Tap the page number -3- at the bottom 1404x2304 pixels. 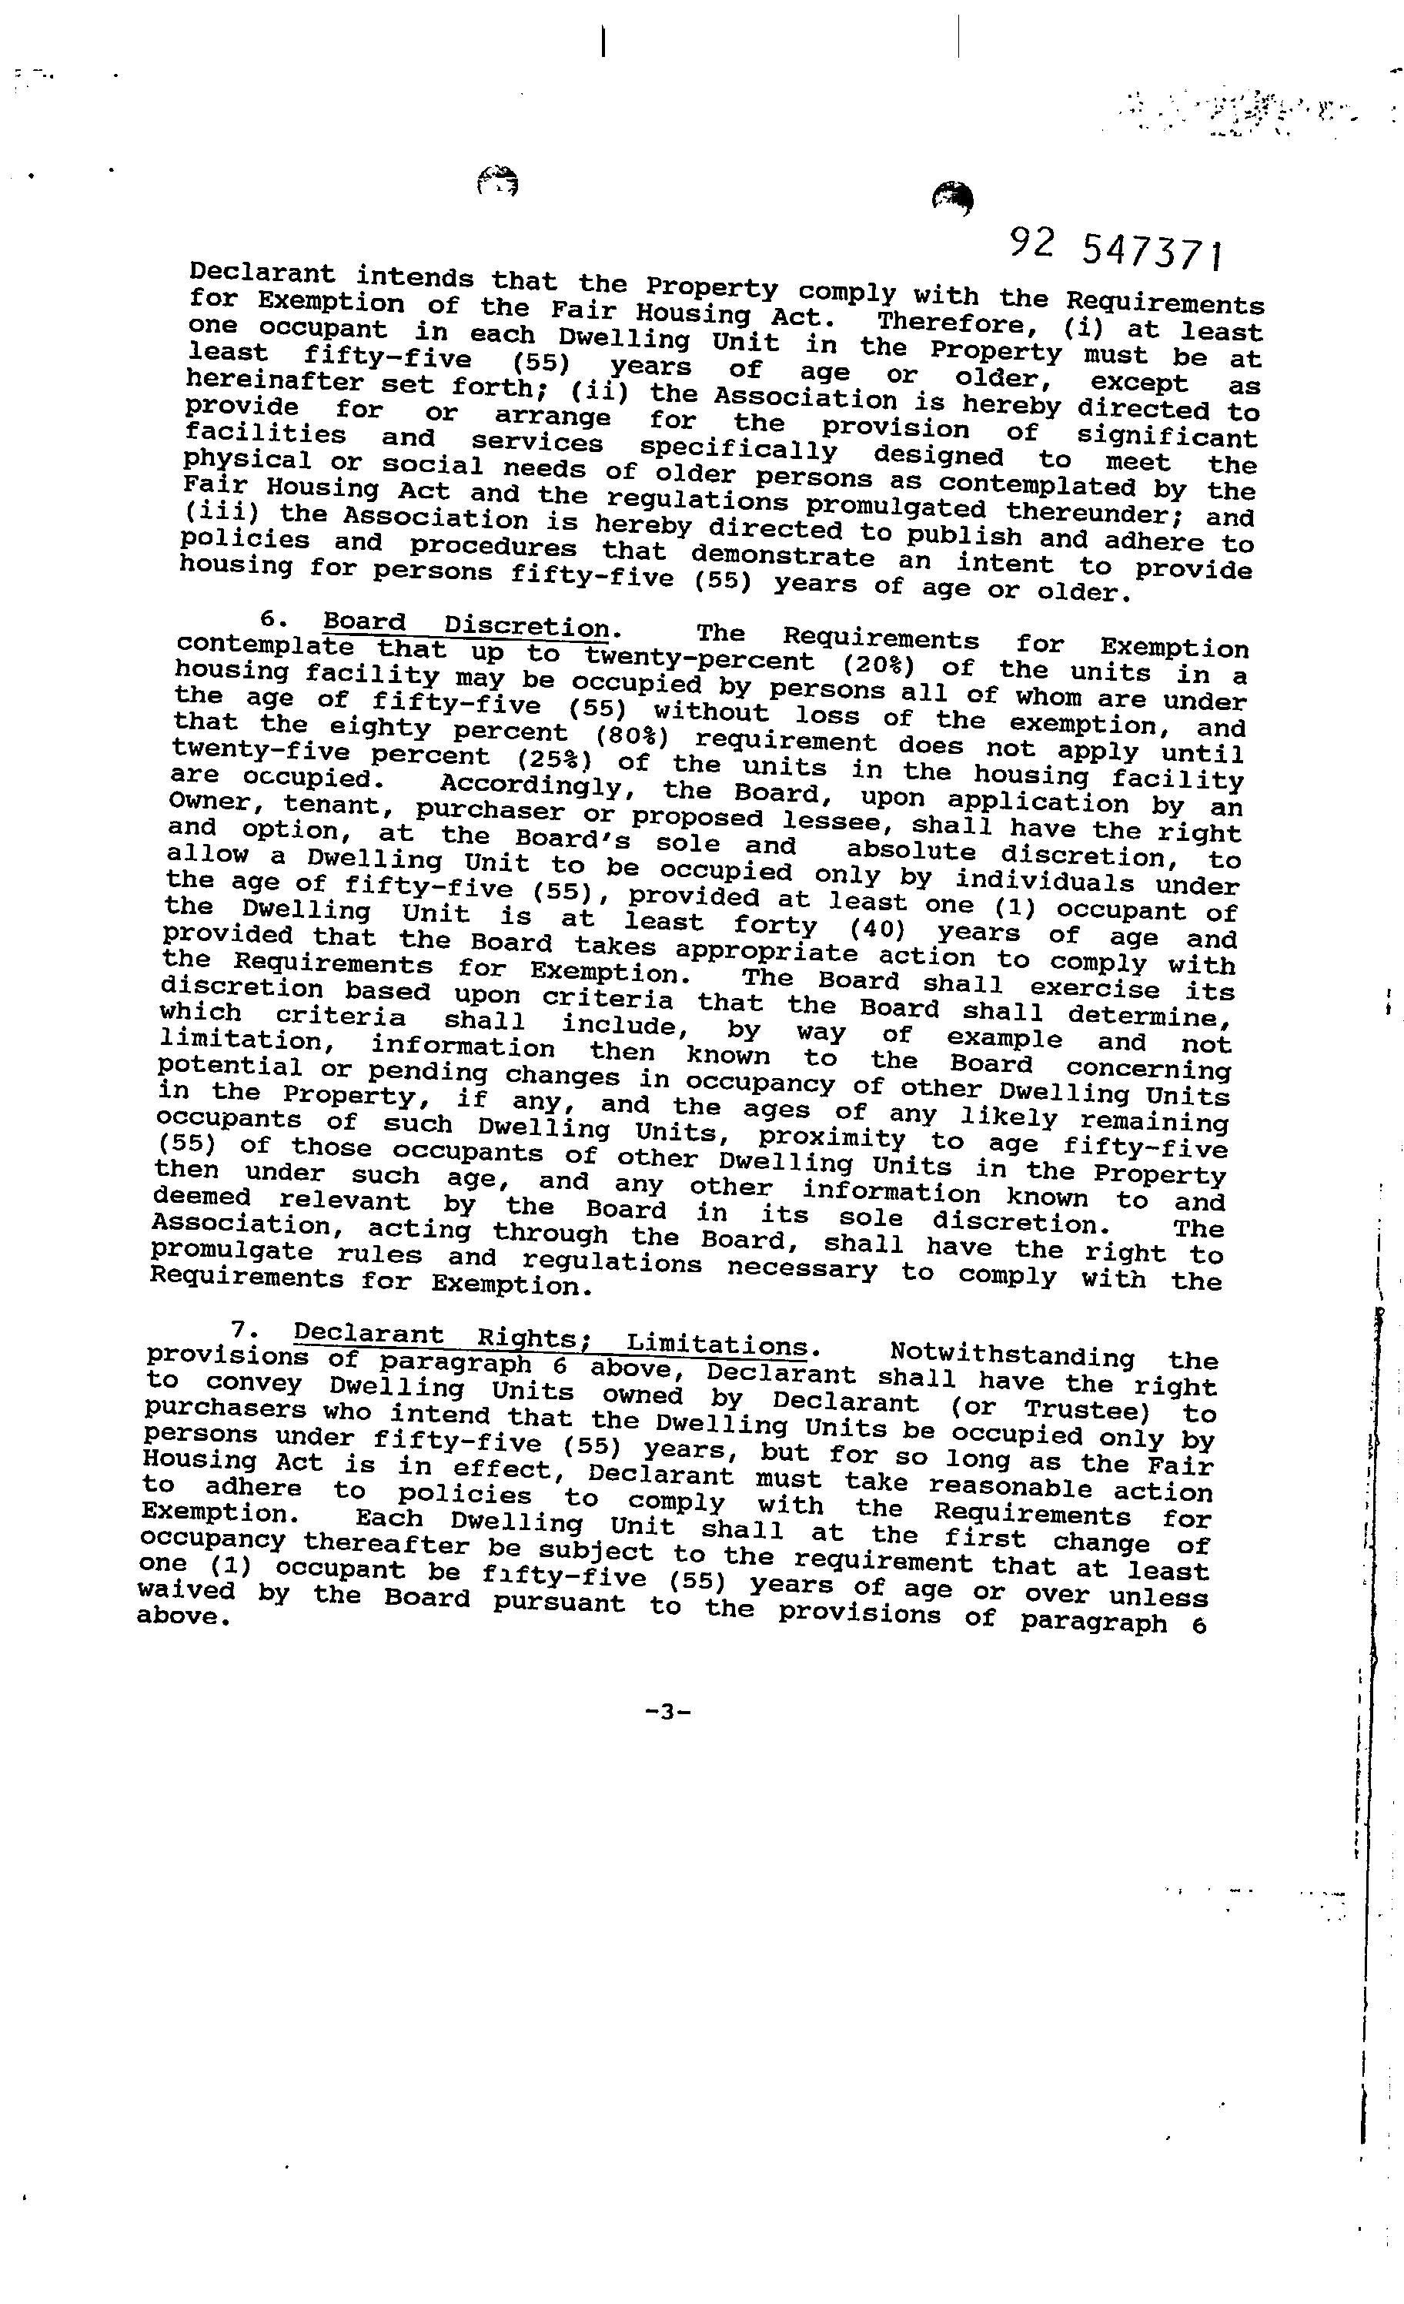[x=667, y=1711]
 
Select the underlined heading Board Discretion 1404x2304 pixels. [x=466, y=624]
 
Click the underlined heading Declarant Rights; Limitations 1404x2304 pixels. [x=550, y=1339]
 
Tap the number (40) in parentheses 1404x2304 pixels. [x=877, y=929]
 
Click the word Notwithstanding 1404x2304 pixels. [x=1012, y=1355]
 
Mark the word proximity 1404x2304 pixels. [x=832, y=1138]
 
